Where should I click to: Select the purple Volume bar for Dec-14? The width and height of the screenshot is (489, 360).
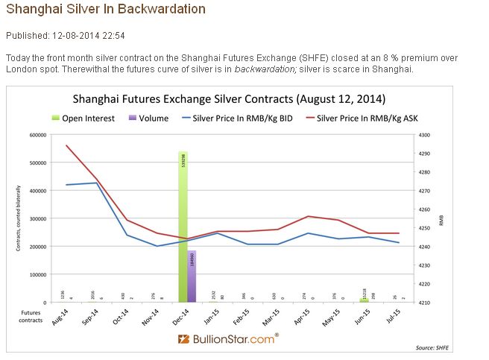click(192, 276)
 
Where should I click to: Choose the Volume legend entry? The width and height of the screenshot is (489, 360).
click(149, 118)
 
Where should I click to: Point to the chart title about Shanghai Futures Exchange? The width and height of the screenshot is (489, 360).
click(229, 99)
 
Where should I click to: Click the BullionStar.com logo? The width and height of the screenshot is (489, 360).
click(228, 338)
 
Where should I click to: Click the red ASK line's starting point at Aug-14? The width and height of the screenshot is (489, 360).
click(66, 145)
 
